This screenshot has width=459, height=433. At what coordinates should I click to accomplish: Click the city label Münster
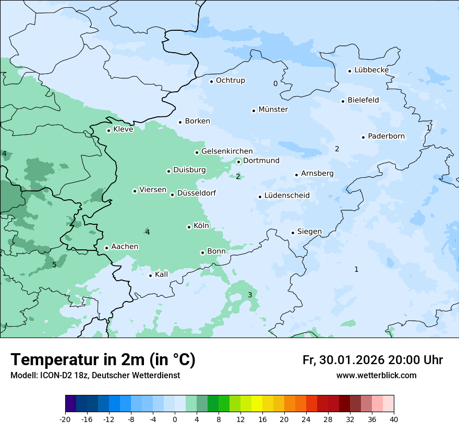click(x=273, y=110)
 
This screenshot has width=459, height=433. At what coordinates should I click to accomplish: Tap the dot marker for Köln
click(x=189, y=227)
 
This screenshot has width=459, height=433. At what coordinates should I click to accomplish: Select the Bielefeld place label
click(x=363, y=100)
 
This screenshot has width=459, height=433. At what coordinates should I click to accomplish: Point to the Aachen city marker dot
click(x=106, y=248)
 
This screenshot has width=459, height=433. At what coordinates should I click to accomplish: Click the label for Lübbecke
click(x=371, y=70)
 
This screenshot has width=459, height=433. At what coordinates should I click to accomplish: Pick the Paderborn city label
click(x=386, y=136)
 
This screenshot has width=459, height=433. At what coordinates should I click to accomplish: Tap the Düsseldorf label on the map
click(x=196, y=194)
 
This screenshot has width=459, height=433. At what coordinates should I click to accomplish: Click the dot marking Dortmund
click(x=238, y=162)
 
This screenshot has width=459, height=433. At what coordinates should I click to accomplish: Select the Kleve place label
click(x=123, y=129)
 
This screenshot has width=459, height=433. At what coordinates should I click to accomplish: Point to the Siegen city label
click(x=309, y=232)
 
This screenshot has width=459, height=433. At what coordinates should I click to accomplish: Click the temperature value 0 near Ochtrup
click(x=275, y=83)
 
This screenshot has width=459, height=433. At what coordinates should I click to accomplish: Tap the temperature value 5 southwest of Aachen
click(x=54, y=265)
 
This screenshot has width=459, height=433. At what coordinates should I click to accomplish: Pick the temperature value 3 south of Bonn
click(x=250, y=295)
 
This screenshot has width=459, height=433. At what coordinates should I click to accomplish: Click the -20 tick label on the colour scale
click(x=65, y=419)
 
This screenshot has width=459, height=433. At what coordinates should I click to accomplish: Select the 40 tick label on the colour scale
click(x=394, y=419)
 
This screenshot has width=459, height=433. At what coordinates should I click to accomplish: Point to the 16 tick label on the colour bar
click(x=262, y=419)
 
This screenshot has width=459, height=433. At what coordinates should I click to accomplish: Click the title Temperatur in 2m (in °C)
click(x=103, y=360)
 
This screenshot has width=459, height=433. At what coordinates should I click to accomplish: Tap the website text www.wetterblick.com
click(x=376, y=376)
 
